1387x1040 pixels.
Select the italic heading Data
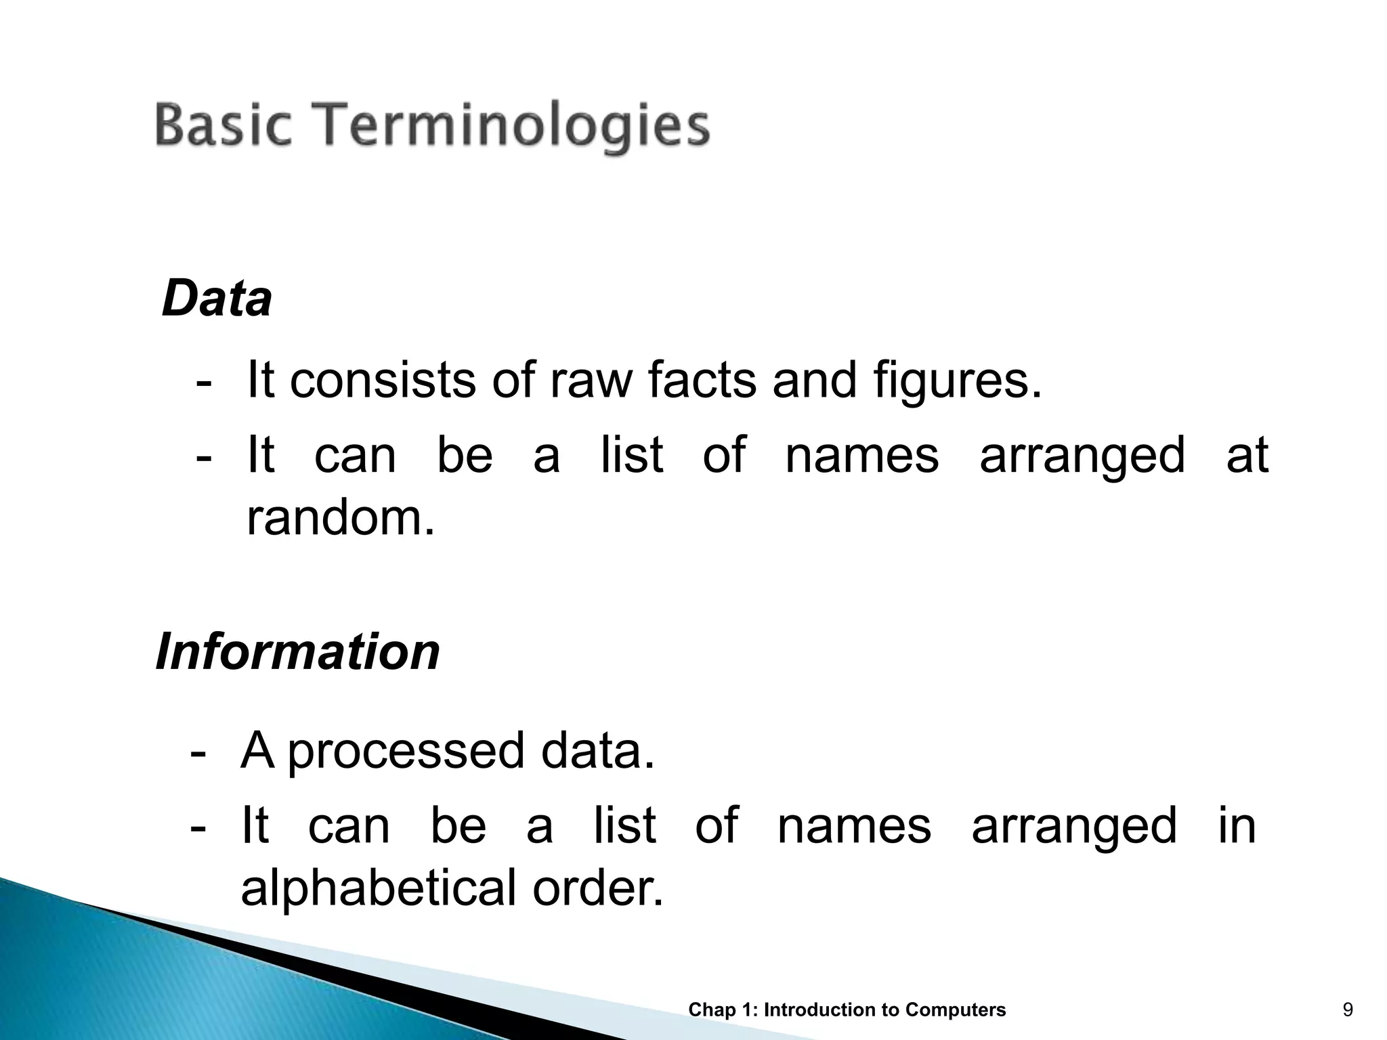(x=217, y=299)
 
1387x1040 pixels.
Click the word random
(x=340, y=518)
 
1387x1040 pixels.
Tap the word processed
(x=406, y=752)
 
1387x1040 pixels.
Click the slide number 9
(x=1348, y=1010)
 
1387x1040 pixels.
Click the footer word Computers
(x=955, y=1010)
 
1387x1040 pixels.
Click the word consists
(x=383, y=381)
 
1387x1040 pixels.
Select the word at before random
(x=1247, y=455)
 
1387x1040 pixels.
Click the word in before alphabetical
(x=1237, y=826)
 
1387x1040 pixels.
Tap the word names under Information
(x=854, y=826)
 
